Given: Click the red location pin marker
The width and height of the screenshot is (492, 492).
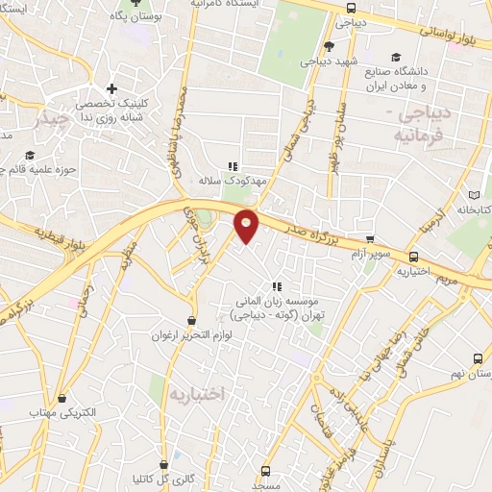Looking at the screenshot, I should tap(247, 225).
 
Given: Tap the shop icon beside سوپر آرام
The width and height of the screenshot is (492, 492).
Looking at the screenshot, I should tap(370, 241).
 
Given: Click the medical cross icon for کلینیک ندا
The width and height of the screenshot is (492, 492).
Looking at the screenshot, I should tap(112, 89).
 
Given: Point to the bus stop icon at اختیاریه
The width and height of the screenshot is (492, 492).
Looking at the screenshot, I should tap(414, 257).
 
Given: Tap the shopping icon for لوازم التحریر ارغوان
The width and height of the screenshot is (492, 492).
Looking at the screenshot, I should tap(192, 321).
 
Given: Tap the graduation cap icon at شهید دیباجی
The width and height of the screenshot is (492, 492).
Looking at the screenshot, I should tap(330, 46).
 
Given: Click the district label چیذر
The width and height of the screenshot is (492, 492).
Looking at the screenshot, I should tap(51, 119).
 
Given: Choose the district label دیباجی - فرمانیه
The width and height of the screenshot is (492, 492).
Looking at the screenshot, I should tap(429, 124).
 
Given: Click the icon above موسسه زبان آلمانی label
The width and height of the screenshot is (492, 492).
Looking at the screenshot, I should tap(277, 285).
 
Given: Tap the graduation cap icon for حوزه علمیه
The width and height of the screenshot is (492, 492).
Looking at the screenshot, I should tap(30, 156).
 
